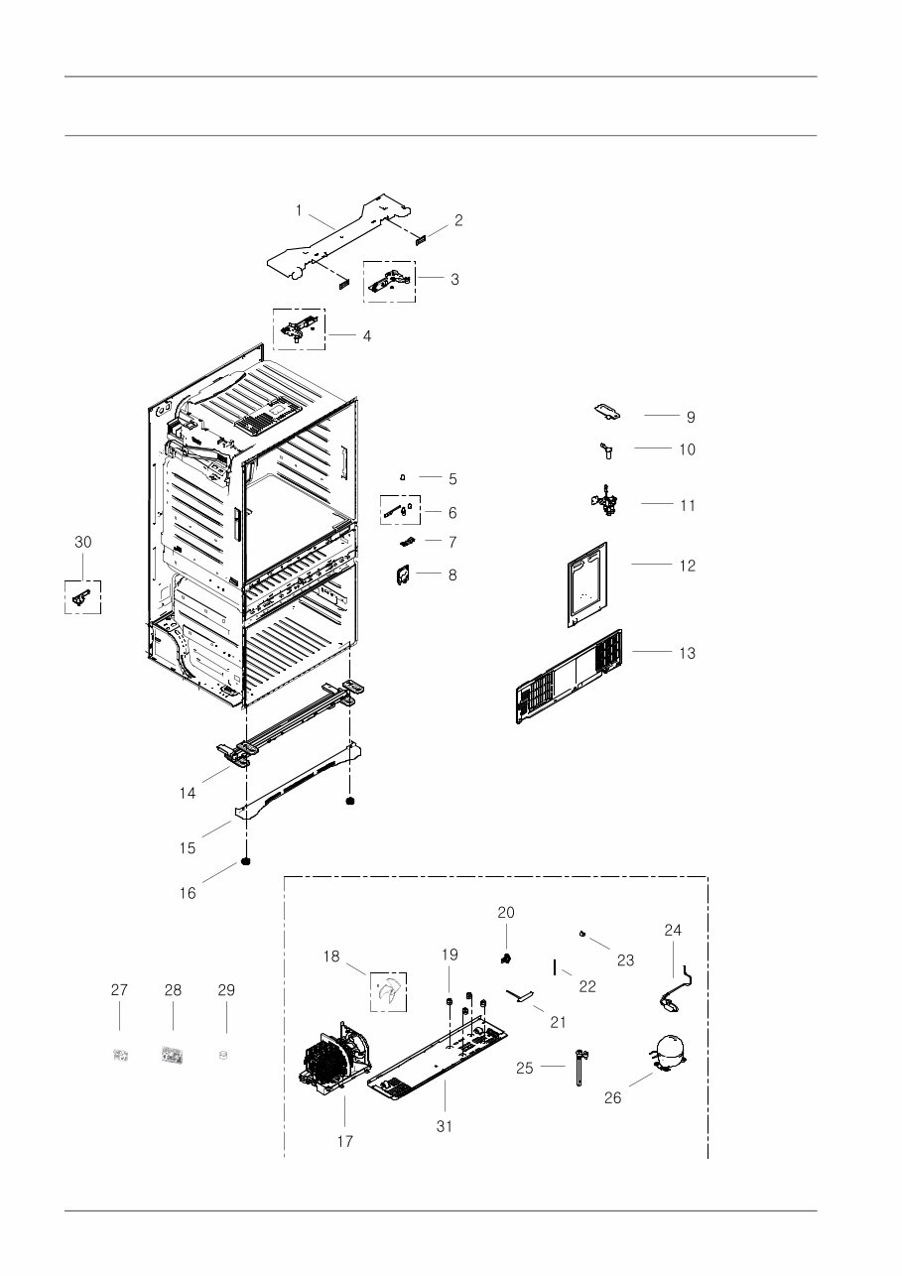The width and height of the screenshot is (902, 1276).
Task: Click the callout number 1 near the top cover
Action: click(299, 210)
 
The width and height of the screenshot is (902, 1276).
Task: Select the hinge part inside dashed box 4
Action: click(299, 328)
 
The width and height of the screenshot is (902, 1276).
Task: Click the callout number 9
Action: click(691, 417)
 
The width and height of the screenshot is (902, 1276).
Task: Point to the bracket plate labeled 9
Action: click(607, 413)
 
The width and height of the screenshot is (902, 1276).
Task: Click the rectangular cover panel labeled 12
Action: click(587, 584)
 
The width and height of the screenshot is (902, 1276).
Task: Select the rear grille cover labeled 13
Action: click(569, 677)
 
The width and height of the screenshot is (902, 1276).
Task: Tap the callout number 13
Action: click(688, 653)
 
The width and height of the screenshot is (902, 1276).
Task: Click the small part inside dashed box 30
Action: click(82, 597)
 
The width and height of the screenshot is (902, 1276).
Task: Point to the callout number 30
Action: click(83, 542)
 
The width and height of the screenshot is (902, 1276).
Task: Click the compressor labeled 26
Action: click(667, 1053)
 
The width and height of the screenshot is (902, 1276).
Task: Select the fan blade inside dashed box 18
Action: click(388, 992)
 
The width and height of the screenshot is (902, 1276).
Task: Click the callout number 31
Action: click(445, 1126)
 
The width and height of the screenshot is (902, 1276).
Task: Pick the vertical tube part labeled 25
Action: click(580, 1068)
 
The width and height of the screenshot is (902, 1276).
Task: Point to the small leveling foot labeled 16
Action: click(245, 860)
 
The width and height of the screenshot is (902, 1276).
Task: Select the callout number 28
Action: click(173, 990)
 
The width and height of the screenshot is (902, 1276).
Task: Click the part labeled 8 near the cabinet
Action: click(404, 575)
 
